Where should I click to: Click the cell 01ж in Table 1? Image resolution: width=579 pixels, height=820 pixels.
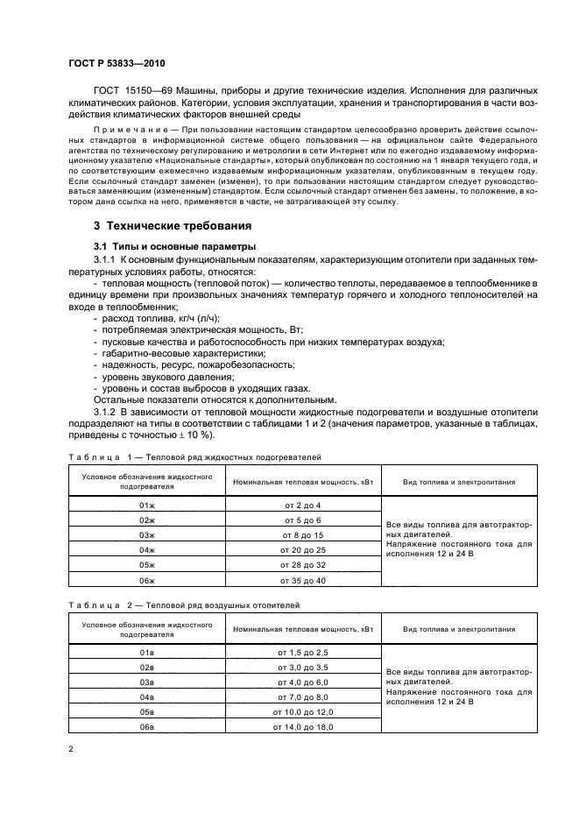pyautogui.click(x=147, y=505)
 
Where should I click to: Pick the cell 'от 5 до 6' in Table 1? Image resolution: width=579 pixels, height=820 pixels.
pyautogui.click(x=302, y=520)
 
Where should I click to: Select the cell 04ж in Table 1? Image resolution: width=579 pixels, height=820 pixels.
pyautogui.click(x=147, y=549)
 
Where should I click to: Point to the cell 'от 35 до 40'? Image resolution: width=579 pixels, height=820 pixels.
pyautogui.click(x=302, y=580)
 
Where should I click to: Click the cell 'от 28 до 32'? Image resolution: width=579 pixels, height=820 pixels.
pyautogui.click(x=302, y=565)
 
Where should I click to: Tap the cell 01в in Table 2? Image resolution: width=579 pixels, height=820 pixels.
pyautogui.click(x=147, y=653)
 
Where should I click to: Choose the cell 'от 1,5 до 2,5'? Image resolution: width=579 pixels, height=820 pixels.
pyautogui.click(x=302, y=653)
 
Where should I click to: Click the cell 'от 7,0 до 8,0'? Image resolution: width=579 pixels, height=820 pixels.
pyautogui.click(x=302, y=697)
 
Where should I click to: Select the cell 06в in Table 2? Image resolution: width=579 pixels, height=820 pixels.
pyautogui.click(x=147, y=727)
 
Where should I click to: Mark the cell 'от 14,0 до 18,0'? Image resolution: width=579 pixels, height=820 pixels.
pyautogui.click(x=302, y=727)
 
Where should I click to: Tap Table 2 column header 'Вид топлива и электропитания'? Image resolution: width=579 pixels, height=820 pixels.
pyautogui.click(x=458, y=630)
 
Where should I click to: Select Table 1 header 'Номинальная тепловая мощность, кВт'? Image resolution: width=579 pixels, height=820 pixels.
pyautogui.click(x=302, y=482)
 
